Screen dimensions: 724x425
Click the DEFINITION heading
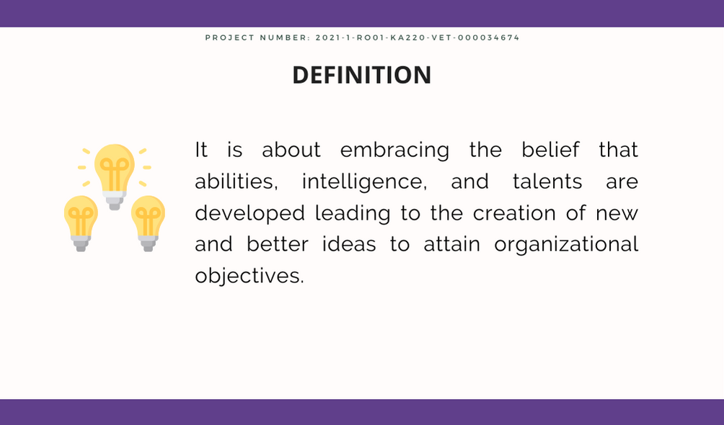(362, 75)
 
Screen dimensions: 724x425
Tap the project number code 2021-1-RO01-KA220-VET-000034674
(418, 38)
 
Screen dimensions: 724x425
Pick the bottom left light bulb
(81, 223)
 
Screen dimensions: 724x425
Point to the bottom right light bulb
(149, 223)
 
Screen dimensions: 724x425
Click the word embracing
(394, 150)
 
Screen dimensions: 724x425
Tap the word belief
(550, 150)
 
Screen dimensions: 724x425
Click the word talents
(547, 182)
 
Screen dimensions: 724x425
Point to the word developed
(250, 214)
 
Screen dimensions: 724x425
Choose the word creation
(514, 213)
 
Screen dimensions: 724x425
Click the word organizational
(566, 245)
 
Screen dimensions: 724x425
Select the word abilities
(237, 182)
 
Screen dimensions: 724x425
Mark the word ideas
(349, 244)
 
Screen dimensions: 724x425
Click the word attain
(452, 245)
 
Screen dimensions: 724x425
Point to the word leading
(353, 214)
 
